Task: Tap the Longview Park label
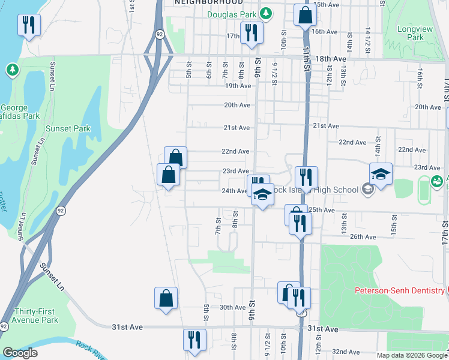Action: pyautogui.click(x=411, y=33)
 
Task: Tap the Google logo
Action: pyautogui.click(x=20, y=353)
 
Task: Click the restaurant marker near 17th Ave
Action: pyautogui.click(x=249, y=31)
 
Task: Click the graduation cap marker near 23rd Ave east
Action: pyautogui.click(x=381, y=173)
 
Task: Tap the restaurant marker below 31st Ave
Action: pyautogui.click(x=194, y=339)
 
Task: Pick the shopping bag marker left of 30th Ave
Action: pyautogui.click(x=166, y=298)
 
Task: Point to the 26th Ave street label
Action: pyautogui.click(x=363, y=237)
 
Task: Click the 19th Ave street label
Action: pyautogui.click(x=237, y=86)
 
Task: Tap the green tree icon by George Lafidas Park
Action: pyautogui.click(x=12, y=71)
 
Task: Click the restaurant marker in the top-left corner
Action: pyautogui.click(x=28, y=25)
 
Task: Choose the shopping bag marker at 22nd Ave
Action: pyautogui.click(x=175, y=157)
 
